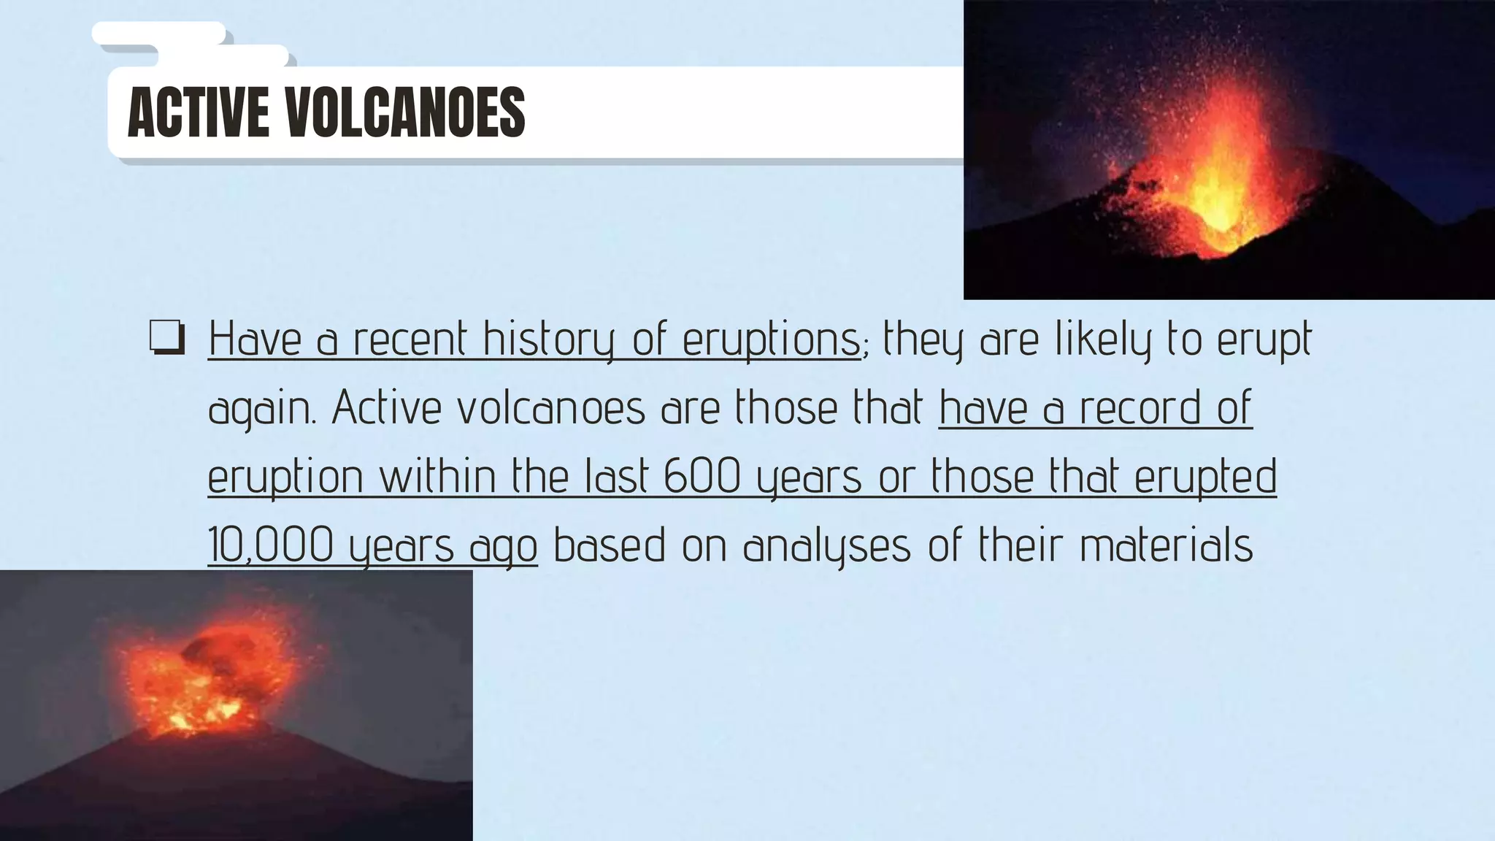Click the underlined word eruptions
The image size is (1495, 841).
pyautogui.click(x=772, y=340)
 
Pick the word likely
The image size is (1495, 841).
pyautogui.click(x=1103, y=340)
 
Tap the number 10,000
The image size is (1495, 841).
pyautogui.click(x=271, y=545)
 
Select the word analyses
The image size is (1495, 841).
pyautogui.click(x=827, y=546)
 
